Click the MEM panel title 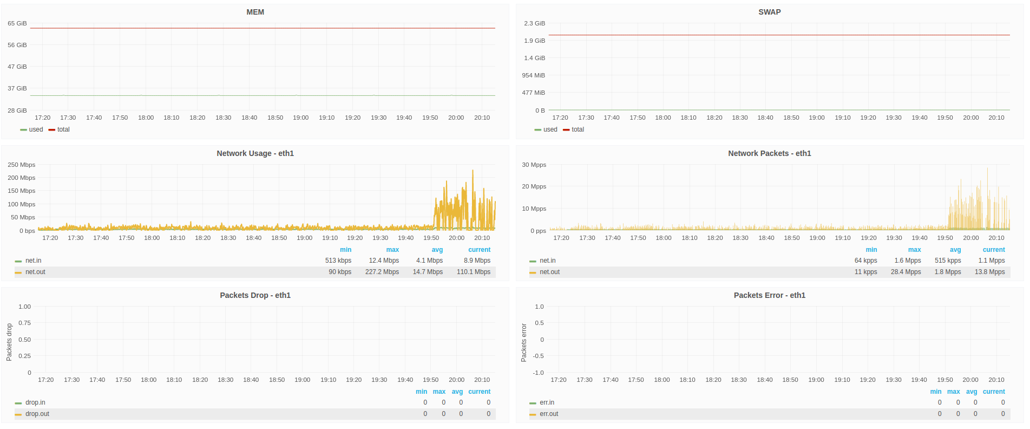255,12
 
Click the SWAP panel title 769,12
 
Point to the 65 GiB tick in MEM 17,23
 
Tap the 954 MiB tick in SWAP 533,75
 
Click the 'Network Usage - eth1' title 255,153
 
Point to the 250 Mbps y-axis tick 22,165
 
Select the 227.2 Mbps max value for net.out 382,272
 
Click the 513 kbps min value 338,261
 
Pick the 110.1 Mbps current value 474,272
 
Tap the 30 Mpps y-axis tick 534,165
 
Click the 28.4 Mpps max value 906,272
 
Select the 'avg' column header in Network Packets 955,250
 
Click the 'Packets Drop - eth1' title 255,295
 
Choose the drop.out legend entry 37,414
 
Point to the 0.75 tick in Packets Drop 25,323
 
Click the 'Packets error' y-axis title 524,343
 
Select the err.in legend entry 547,402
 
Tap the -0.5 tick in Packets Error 539,356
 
